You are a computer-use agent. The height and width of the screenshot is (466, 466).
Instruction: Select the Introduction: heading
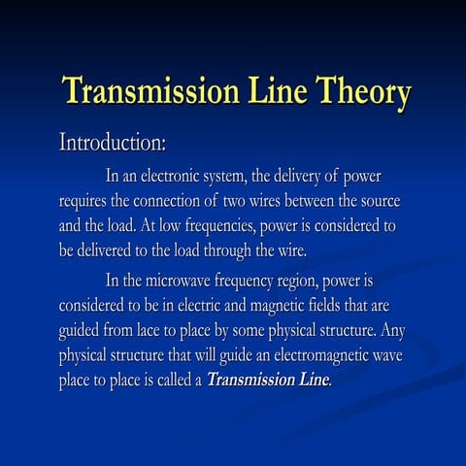tap(114, 144)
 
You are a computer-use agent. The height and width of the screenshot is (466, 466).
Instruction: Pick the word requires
tap(87, 201)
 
